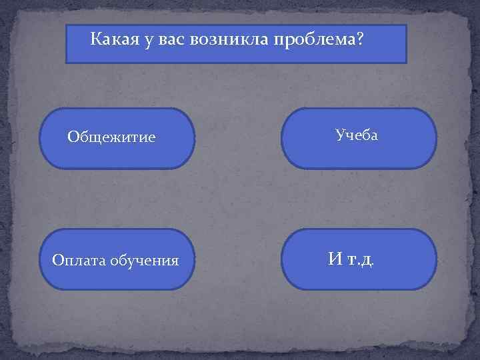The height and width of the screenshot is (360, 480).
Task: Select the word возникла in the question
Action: (230, 41)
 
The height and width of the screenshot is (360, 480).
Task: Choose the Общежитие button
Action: (117, 138)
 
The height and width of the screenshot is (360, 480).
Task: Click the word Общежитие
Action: (111, 137)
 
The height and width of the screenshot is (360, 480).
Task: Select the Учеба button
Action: (359, 138)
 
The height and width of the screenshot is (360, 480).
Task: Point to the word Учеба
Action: (357, 135)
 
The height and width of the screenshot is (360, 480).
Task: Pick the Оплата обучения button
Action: (117, 259)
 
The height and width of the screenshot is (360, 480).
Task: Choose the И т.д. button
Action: (359, 259)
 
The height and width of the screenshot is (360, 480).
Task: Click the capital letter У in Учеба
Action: (340, 135)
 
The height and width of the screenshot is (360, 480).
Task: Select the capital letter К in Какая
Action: (95, 41)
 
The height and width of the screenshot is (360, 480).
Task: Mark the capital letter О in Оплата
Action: (57, 260)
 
